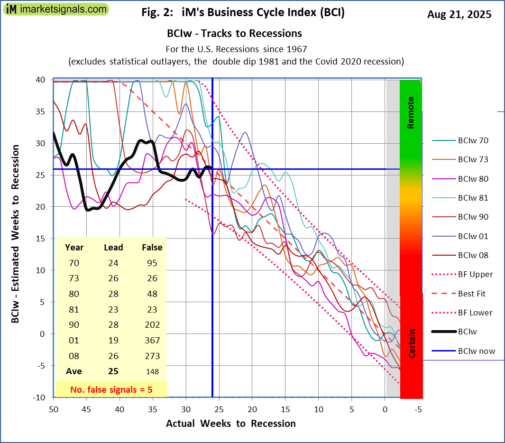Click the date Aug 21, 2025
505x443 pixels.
coord(459,14)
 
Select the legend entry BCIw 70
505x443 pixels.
coord(473,140)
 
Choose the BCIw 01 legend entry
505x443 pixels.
coord(473,236)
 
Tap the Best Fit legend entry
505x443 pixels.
coord(472,294)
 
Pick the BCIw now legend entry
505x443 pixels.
coord(476,351)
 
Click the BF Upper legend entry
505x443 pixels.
coord(475,274)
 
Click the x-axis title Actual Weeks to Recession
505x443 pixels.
coord(230,424)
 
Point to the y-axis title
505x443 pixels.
coord(16,234)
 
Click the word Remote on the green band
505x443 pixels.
coord(411,113)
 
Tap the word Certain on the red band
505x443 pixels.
coord(412,343)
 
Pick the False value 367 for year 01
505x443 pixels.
coord(152,340)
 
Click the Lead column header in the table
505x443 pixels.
coord(113,248)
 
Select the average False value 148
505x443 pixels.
coord(152,371)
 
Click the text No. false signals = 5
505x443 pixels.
coord(111,389)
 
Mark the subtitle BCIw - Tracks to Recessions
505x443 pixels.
coord(234,34)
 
